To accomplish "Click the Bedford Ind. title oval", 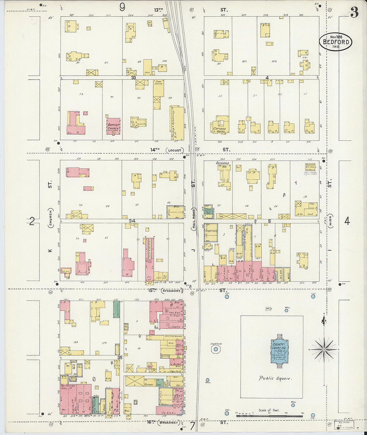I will coord(336,42).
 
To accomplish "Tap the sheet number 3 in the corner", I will coord(354,12).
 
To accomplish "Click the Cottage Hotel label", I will coord(220,130).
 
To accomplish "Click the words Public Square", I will coord(275,378).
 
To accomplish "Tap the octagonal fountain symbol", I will coord(216,349).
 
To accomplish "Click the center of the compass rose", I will coord(324,349).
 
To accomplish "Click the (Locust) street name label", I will coord(174,150).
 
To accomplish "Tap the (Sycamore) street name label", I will coord(172,291).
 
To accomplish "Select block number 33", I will coord(134,78).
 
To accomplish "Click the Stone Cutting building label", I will coord(158,83).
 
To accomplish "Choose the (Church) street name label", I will coord(50,218).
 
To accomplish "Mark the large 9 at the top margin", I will coord(122,7).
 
